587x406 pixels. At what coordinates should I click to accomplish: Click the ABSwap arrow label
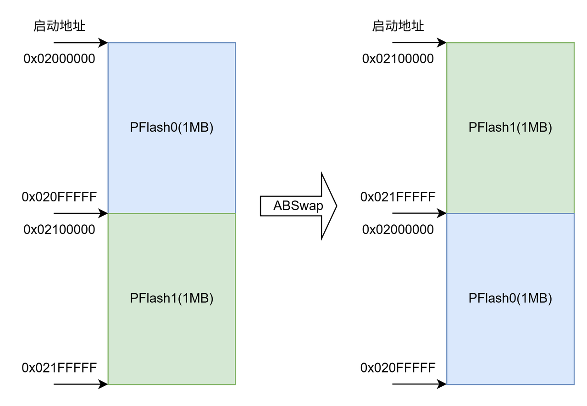[x=298, y=206]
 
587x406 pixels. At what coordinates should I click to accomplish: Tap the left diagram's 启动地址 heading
[x=59, y=26]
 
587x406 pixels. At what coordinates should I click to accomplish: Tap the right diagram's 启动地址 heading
[x=398, y=26]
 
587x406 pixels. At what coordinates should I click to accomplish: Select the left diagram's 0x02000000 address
[x=59, y=59]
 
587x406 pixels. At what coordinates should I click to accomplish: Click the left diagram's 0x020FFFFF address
[x=59, y=197]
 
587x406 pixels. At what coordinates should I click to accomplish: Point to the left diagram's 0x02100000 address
[x=59, y=229]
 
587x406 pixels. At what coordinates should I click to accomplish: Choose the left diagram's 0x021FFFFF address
[x=59, y=368]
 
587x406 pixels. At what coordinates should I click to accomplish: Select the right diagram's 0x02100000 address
[x=398, y=59]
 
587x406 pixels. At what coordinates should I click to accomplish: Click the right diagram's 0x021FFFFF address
[x=398, y=197]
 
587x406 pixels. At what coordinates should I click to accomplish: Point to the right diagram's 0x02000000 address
[x=398, y=229]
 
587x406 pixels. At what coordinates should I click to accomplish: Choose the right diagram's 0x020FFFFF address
[x=398, y=368]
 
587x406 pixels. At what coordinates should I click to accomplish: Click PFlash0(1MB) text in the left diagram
[x=172, y=128]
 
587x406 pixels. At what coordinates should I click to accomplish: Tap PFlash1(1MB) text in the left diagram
[x=172, y=299]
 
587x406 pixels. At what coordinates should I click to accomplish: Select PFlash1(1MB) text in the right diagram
[x=510, y=128]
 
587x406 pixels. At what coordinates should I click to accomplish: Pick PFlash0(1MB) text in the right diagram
[x=510, y=299]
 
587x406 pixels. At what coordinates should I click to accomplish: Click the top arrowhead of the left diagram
[x=103, y=43]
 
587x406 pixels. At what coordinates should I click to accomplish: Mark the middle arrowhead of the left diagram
[x=103, y=213]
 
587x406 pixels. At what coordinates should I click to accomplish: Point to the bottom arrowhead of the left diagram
[x=103, y=384]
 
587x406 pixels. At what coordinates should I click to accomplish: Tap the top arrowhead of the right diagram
[x=442, y=43]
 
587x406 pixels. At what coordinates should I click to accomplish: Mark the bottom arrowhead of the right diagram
[x=442, y=384]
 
